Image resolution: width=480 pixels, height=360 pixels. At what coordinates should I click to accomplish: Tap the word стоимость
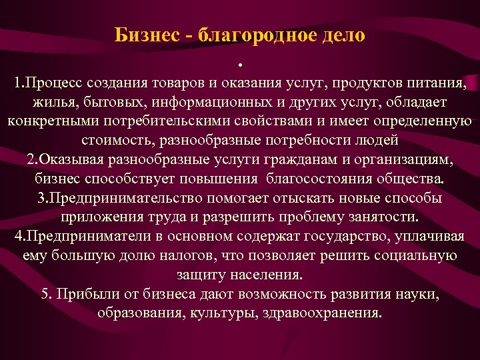[x=115, y=141]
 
